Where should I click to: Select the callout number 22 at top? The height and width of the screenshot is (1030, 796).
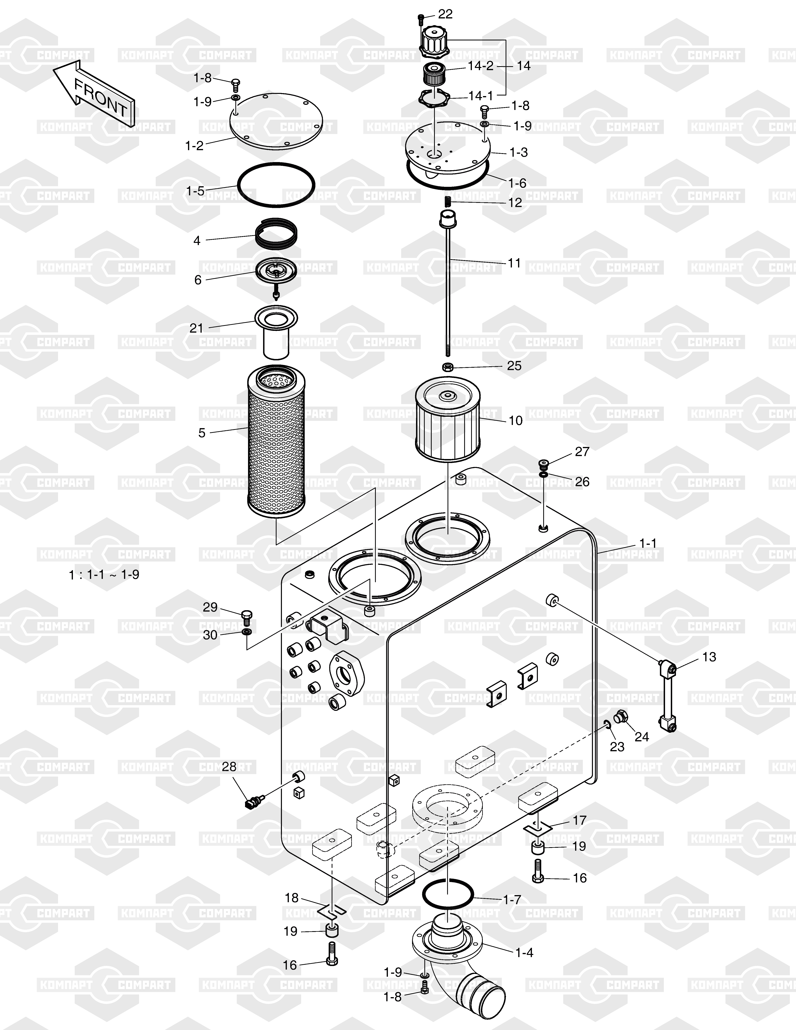445,14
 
